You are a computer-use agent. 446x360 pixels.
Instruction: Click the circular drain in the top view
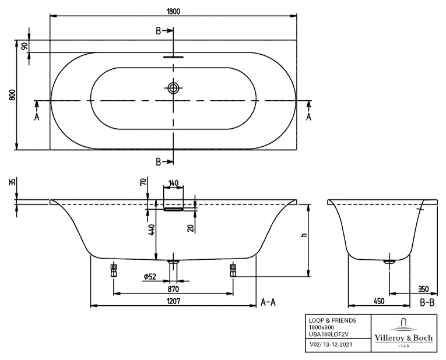[174, 89]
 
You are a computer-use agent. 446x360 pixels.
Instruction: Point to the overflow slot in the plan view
[174, 58]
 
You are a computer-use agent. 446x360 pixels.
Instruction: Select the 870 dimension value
[173, 288]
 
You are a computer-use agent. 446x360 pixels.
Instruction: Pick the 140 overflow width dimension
[174, 182]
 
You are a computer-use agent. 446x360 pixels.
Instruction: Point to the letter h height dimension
[304, 236]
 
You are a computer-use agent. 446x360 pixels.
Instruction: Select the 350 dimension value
[424, 288]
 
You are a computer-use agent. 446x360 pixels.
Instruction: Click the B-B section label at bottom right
[427, 302]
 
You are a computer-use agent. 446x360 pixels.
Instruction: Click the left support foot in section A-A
[113, 270]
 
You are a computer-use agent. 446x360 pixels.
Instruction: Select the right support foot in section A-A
[233, 270]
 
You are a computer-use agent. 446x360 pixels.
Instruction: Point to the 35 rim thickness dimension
[12, 182]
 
